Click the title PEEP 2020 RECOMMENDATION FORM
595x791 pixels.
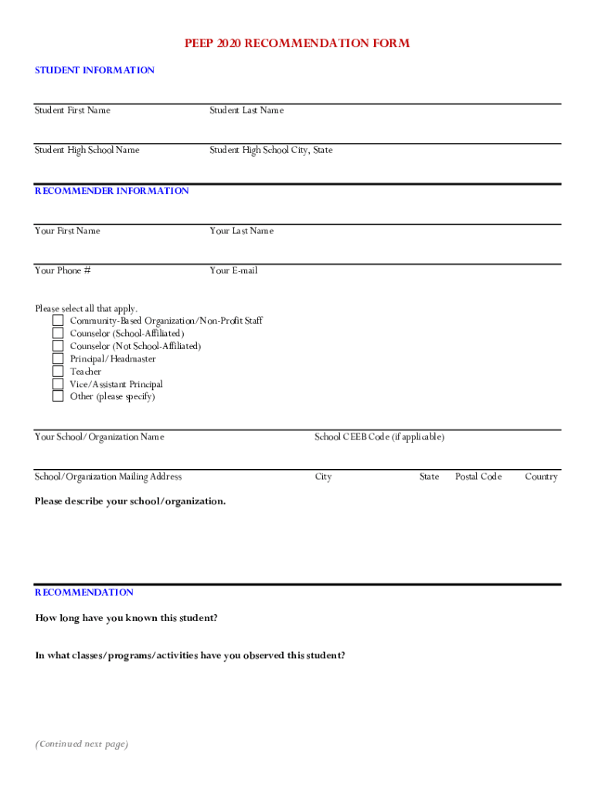point(297,44)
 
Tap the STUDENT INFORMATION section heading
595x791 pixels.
point(94,70)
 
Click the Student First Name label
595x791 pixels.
point(73,110)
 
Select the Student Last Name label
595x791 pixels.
point(246,110)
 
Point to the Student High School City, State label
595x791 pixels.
point(271,150)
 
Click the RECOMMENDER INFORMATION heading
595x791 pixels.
point(111,191)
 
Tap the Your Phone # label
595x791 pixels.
point(63,270)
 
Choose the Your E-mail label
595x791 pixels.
point(233,270)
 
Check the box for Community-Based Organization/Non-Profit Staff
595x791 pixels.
point(58,321)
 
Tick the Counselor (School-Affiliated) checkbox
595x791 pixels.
point(58,333)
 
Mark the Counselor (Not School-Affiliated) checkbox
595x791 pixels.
point(58,346)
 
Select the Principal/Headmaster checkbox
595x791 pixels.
point(58,358)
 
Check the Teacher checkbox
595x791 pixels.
point(58,372)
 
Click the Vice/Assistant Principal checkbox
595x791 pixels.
point(58,384)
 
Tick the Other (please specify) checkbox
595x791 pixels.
point(58,396)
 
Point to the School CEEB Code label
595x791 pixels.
point(379,437)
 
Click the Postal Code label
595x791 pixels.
point(478,477)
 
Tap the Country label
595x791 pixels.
point(541,477)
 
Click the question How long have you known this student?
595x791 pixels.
point(126,618)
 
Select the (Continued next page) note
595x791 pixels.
point(81,744)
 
